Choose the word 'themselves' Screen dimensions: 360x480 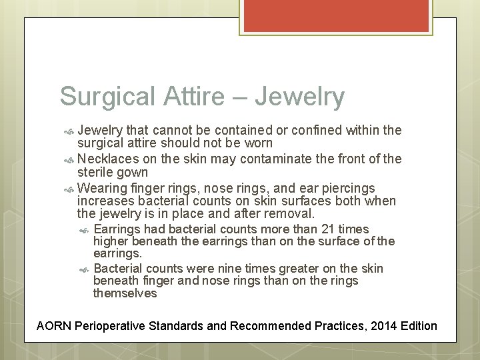(125, 293)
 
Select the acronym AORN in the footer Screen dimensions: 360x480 (54, 326)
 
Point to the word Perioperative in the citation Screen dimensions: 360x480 (112, 326)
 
